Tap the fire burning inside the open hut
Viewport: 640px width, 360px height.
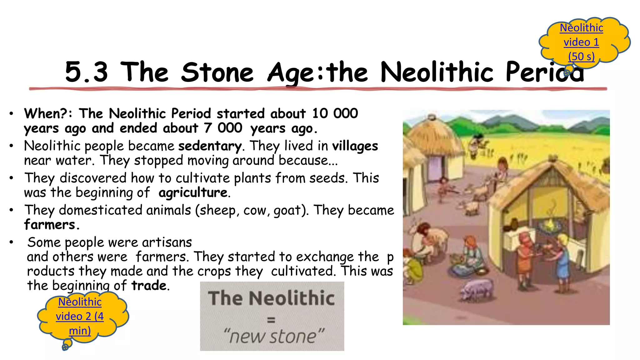click(549, 224)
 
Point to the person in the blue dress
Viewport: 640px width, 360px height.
click(562, 261)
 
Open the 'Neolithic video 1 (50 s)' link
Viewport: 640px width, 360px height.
click(581, 42)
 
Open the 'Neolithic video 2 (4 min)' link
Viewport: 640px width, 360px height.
click(80, 316)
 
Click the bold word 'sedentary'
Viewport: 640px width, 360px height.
click(210, 146)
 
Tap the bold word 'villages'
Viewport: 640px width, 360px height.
click(355, 146)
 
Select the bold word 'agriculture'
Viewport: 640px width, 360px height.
click(193, 192)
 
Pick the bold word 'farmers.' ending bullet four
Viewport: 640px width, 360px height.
click(52, 225)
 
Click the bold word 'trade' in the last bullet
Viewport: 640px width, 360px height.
click(149, 286)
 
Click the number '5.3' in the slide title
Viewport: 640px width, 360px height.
click(87, 72)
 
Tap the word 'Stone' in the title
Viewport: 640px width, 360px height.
click(217, 72)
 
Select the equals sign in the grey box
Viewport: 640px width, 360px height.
click(271, 320)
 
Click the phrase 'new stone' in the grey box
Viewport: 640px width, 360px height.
click(274, 337)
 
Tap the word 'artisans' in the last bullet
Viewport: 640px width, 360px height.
click(167, 242)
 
